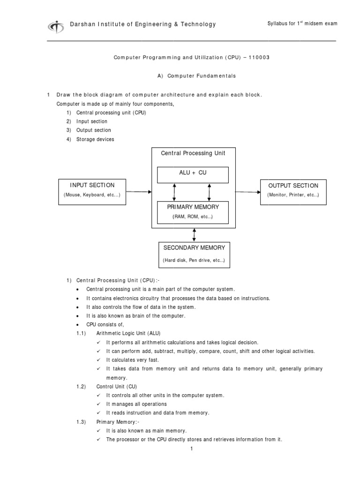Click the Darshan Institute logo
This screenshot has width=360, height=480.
tap(56, 26)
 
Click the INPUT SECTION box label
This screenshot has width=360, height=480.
tap(92, 185)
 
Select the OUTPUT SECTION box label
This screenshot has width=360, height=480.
tap(293, 186)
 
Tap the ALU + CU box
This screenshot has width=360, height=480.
tap(193, 173)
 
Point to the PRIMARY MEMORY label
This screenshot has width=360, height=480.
tap(193, 207)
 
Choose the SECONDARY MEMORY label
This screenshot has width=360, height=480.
tap(194, 247)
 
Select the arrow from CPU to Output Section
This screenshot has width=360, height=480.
tap(247, 192)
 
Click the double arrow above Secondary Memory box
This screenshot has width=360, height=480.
tap(194, 235)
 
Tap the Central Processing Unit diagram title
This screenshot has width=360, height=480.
tap(193, 153)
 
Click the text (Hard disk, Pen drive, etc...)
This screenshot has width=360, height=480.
tap(194, 260)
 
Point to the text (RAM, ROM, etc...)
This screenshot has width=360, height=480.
tap(193, 217)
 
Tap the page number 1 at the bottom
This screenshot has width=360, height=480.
tap(192, 449)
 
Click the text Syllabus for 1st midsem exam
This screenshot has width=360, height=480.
tap(302, 24)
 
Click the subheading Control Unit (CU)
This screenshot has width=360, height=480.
tap(117, 386)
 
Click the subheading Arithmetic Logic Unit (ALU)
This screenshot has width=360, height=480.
tap(128, 333)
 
